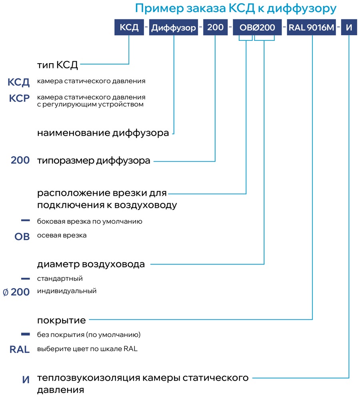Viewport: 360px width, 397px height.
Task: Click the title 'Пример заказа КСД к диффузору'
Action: coord(236,9)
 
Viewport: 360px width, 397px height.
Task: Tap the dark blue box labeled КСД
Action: coord(129,27)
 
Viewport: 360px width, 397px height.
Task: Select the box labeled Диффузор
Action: coord(174,27)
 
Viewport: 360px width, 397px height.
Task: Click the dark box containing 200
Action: coord(216,27)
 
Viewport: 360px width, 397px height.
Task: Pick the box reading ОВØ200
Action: coord(257,27)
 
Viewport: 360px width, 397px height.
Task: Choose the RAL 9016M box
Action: coord(312,27)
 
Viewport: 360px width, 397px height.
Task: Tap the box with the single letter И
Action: coord(349,27)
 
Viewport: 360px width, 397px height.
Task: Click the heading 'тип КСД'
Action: coord(58,65)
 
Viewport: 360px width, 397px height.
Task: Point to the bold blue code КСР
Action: coord(19,98)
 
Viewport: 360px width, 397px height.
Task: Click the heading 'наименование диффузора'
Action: coord(103,133)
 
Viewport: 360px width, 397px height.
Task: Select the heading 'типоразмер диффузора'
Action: coord(94,161)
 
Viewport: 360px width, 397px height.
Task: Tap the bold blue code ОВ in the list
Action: coord(22,237)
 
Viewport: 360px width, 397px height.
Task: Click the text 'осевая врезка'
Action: coord(62,235)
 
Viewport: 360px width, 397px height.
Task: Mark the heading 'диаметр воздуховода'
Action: coord(91,264)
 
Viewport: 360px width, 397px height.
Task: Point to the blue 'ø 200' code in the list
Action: coord(16,292)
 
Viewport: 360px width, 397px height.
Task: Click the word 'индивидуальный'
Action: coord(67,291)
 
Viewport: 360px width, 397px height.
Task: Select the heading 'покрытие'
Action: coord(62,321)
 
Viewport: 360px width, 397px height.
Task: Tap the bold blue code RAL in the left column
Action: coord(20,349)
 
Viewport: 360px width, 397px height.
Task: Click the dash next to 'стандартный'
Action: coord(25,279)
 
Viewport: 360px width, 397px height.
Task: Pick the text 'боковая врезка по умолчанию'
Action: coord(90,222)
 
